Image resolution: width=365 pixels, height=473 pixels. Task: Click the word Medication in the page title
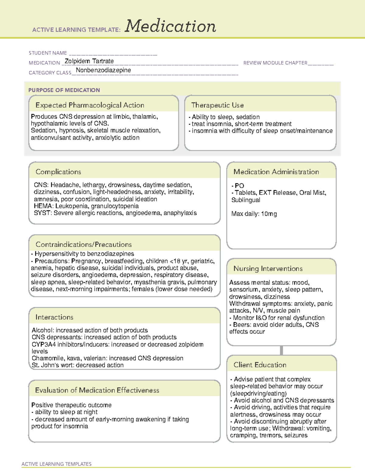[x=170, y=26]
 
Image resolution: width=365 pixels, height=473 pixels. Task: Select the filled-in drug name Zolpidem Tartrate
[x=89, y=61]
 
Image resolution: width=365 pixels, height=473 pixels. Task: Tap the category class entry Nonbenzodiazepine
[x=103, y=70]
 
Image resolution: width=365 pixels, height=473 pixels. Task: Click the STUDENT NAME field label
[x=48, y=53]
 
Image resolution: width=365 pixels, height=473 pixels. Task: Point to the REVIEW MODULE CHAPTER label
[x=275, y=63]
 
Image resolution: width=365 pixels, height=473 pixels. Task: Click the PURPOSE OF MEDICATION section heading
[x=64, y=90]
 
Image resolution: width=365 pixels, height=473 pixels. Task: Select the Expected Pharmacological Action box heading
[x=90, y=105]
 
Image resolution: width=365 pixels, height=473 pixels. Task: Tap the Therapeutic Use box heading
[x=217, y=105]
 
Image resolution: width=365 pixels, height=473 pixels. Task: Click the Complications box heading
[x=58, y=172]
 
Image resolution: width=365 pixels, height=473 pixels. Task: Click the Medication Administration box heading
[x=276, y=172]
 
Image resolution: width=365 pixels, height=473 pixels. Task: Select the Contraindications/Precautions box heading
[x=84, y=244]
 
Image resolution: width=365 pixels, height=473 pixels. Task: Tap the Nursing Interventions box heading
[x=268, y=268]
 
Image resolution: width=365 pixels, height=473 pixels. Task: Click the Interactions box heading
[x=54, y=317]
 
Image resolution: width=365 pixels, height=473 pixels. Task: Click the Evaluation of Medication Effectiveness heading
[x=97, y=390]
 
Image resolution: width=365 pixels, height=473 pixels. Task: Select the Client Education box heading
[x=260, y=365]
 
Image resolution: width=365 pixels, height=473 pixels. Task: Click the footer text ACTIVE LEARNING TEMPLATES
[x=57, y=464]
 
